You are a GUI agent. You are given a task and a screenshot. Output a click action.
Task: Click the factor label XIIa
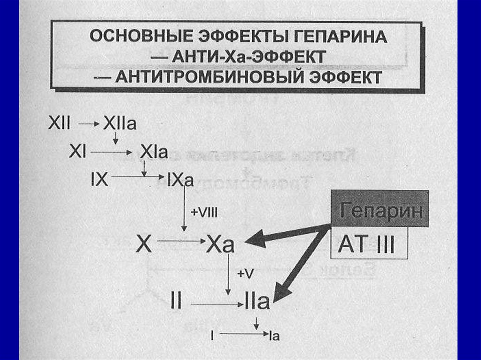point(120,124)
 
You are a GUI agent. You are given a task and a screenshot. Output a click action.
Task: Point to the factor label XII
point(59,124)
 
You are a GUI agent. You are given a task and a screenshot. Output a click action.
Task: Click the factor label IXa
point(180,179)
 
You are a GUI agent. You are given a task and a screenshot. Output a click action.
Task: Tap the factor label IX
point(99,179)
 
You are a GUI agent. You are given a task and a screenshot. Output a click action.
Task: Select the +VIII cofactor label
point(204,212)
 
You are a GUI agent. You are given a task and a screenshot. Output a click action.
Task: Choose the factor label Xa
point(220,245)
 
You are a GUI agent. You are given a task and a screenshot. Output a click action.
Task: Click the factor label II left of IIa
point(175,302)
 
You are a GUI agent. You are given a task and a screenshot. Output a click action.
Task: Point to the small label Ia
point(275,336)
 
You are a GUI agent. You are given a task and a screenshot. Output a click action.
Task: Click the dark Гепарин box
point(380,209)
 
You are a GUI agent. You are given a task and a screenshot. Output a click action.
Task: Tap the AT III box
point(369,244)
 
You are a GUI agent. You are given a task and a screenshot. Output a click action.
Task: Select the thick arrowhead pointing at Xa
point(254,241)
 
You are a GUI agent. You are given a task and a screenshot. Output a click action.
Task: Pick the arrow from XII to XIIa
point(89,124)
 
